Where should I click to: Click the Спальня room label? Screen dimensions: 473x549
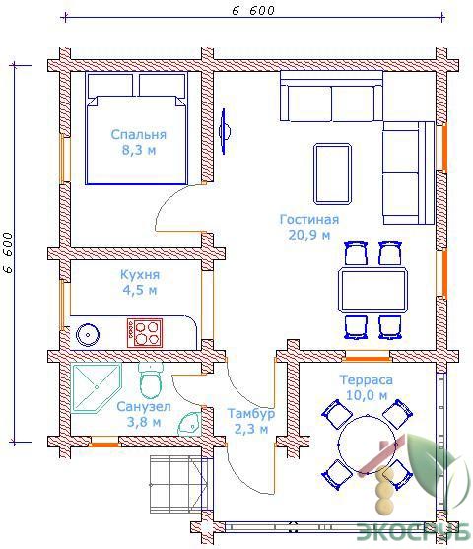click(139, 134)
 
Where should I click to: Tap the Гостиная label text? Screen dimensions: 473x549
click(309, 220)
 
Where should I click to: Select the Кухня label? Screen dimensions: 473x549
click(140, 274)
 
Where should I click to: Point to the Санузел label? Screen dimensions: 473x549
click(144, 407)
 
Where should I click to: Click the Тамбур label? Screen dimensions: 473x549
click(251, 414)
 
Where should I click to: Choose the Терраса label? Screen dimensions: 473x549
click(366, 380)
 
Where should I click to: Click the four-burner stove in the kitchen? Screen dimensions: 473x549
click(145, 332)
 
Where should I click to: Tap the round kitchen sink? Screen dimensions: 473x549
click(88, 335)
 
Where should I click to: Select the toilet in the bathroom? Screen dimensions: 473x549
click(151, 380)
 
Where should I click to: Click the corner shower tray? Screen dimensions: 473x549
click(96, 388)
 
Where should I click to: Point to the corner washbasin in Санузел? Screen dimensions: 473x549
click(189, 423)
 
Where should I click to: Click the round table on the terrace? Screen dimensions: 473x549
click(367, 445)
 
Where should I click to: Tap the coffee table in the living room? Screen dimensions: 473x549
click(332, 173)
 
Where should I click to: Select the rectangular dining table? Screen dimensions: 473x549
click(372, 290)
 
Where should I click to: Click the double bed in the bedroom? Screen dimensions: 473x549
click(137, 128)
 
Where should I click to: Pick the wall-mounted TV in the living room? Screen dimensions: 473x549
click(224, 131)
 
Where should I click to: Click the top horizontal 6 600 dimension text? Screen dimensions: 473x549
click(253, 11)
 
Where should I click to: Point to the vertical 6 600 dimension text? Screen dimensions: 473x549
click(8, 252)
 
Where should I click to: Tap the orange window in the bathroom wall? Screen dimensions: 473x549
click(103, 445)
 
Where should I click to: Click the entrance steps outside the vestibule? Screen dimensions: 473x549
click(176, 485)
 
